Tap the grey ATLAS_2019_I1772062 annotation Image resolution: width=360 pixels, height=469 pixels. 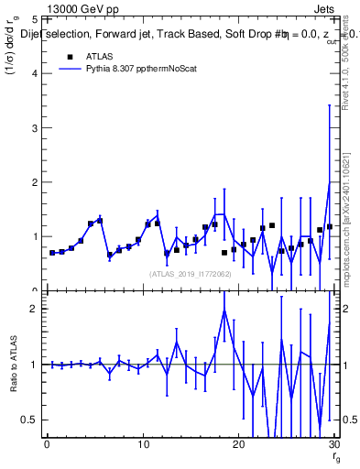(x=190, y=273)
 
